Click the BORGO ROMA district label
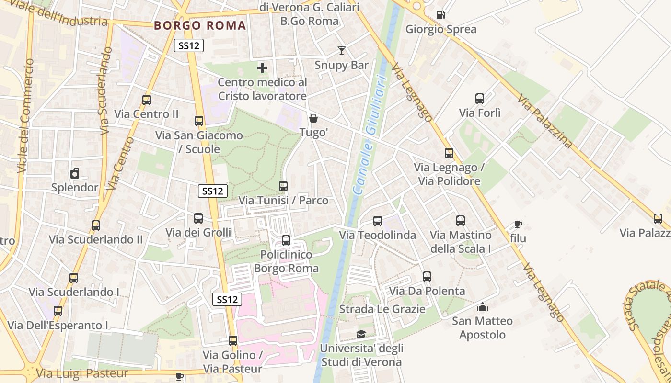(x=200, y=26)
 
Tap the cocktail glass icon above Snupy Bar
(x=341, y=50)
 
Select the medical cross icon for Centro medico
(x=262, y=68)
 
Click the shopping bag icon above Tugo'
(x=313, y=118)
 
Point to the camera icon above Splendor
(x=75, y=173)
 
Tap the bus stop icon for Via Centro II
(x=147, y=100)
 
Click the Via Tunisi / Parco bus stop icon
(x=283, y=186)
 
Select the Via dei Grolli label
(x=198, y=233)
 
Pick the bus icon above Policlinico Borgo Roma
(x=286, y=240)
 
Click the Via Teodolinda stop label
(x=377, y=235)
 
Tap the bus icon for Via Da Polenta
(x=427, y=277)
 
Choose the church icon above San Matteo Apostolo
(x=483, y=306)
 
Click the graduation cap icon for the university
(x=361, y=334)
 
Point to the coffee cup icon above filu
(x=518, y=224)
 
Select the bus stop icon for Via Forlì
(x=480, y=99)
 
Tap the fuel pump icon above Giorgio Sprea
(x=440, y=15)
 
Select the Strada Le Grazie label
(x=382, y=309)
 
